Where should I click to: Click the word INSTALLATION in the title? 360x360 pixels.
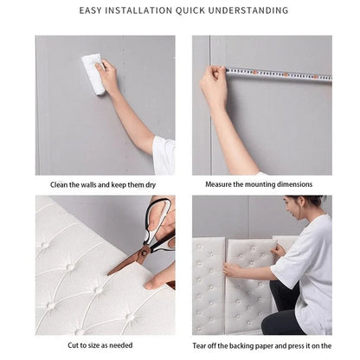(147, 11)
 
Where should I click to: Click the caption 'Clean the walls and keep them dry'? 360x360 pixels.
(105, 184)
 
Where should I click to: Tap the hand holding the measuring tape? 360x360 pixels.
(213, 86)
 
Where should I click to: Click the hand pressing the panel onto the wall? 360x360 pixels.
(232, 270)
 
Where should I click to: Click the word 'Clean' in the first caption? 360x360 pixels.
(60, 184)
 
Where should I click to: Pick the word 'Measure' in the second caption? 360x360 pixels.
(219, 184)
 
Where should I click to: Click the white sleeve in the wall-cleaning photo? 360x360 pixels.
(164, 154)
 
